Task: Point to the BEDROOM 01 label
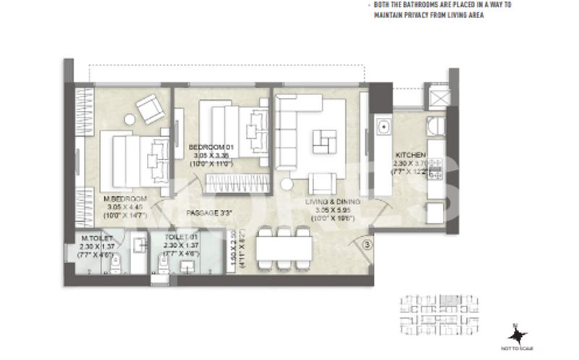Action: coord(209,147)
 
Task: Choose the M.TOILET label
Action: coord(96,237)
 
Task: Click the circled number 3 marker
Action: coord(367,244)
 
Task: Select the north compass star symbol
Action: coord(517,335)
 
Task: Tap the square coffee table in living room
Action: coord(324,140)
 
